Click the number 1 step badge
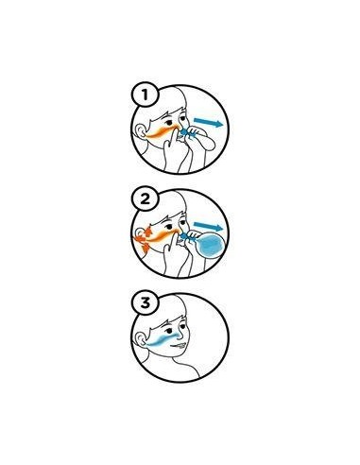pos(145,95)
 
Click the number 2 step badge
pos(145,199)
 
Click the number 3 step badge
pos(145,303)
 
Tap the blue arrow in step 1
pos(208,122)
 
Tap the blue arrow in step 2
pos(208,226)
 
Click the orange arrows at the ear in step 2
pos(143,239)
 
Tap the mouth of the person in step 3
pos(178,346)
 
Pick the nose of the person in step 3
pos(181,336)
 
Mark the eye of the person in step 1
pos(169,122)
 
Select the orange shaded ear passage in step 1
pos(161,131)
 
